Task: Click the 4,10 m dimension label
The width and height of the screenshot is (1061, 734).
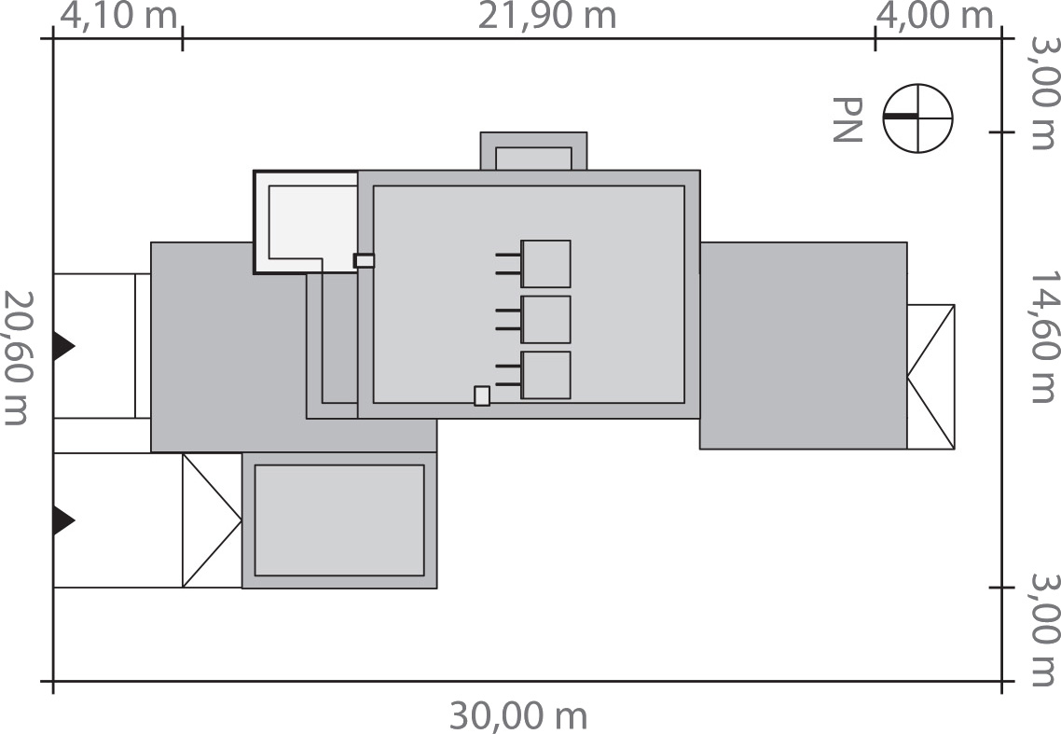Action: click(118, 16)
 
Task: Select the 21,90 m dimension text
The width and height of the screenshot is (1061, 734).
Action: click(546, 16)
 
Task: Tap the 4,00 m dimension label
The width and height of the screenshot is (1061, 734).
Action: click(935, 16)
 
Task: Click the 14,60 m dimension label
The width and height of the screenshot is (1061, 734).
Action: click(1043, 338)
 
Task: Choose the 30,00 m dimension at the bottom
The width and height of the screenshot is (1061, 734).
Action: click(518, 715)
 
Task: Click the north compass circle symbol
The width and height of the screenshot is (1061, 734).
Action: click(917, 118)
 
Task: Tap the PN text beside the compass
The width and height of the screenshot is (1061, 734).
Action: click(847, 119)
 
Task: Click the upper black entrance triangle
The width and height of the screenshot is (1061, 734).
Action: click(64, 346)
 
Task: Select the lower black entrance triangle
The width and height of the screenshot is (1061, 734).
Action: click(64, 520)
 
